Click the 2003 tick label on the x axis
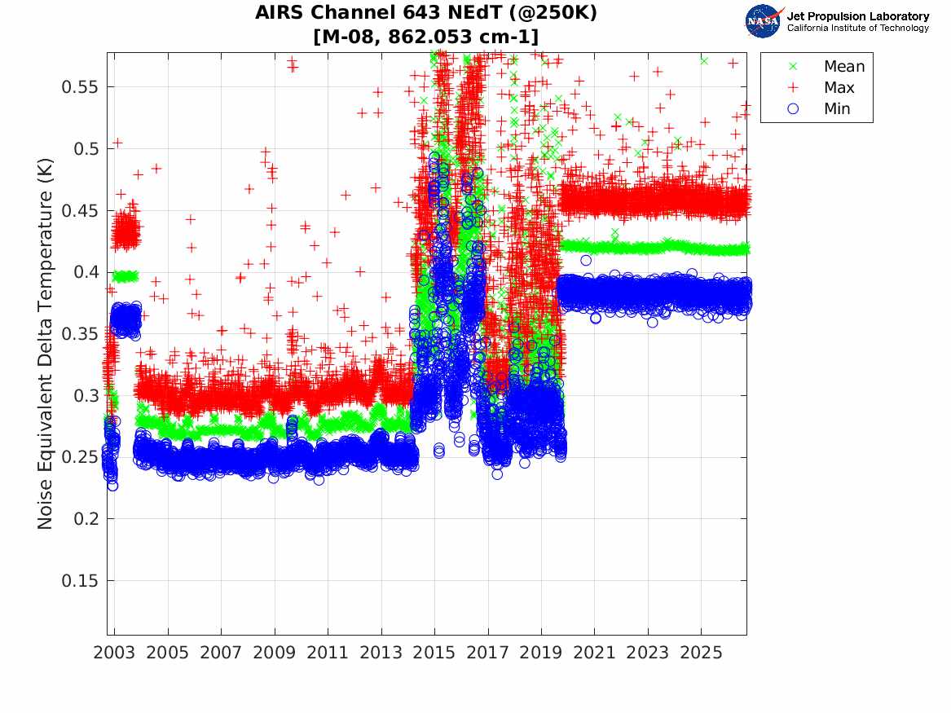pos(114,653)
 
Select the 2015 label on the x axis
pos(434,653)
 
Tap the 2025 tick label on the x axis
pos(701,653)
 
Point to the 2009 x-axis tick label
pos(274,653)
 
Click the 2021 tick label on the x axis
pos(594,653)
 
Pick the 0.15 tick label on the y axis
pos(79,581)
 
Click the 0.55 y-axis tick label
pos(79,87)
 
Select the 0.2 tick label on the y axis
pos(85,519)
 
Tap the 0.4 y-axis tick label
pos(85,272)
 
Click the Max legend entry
pos(821,87)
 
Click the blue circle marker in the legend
pos(793,108)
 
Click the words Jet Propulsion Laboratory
pos(858,16)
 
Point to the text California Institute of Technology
pos(858,28)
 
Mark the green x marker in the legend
pos(793,66)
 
